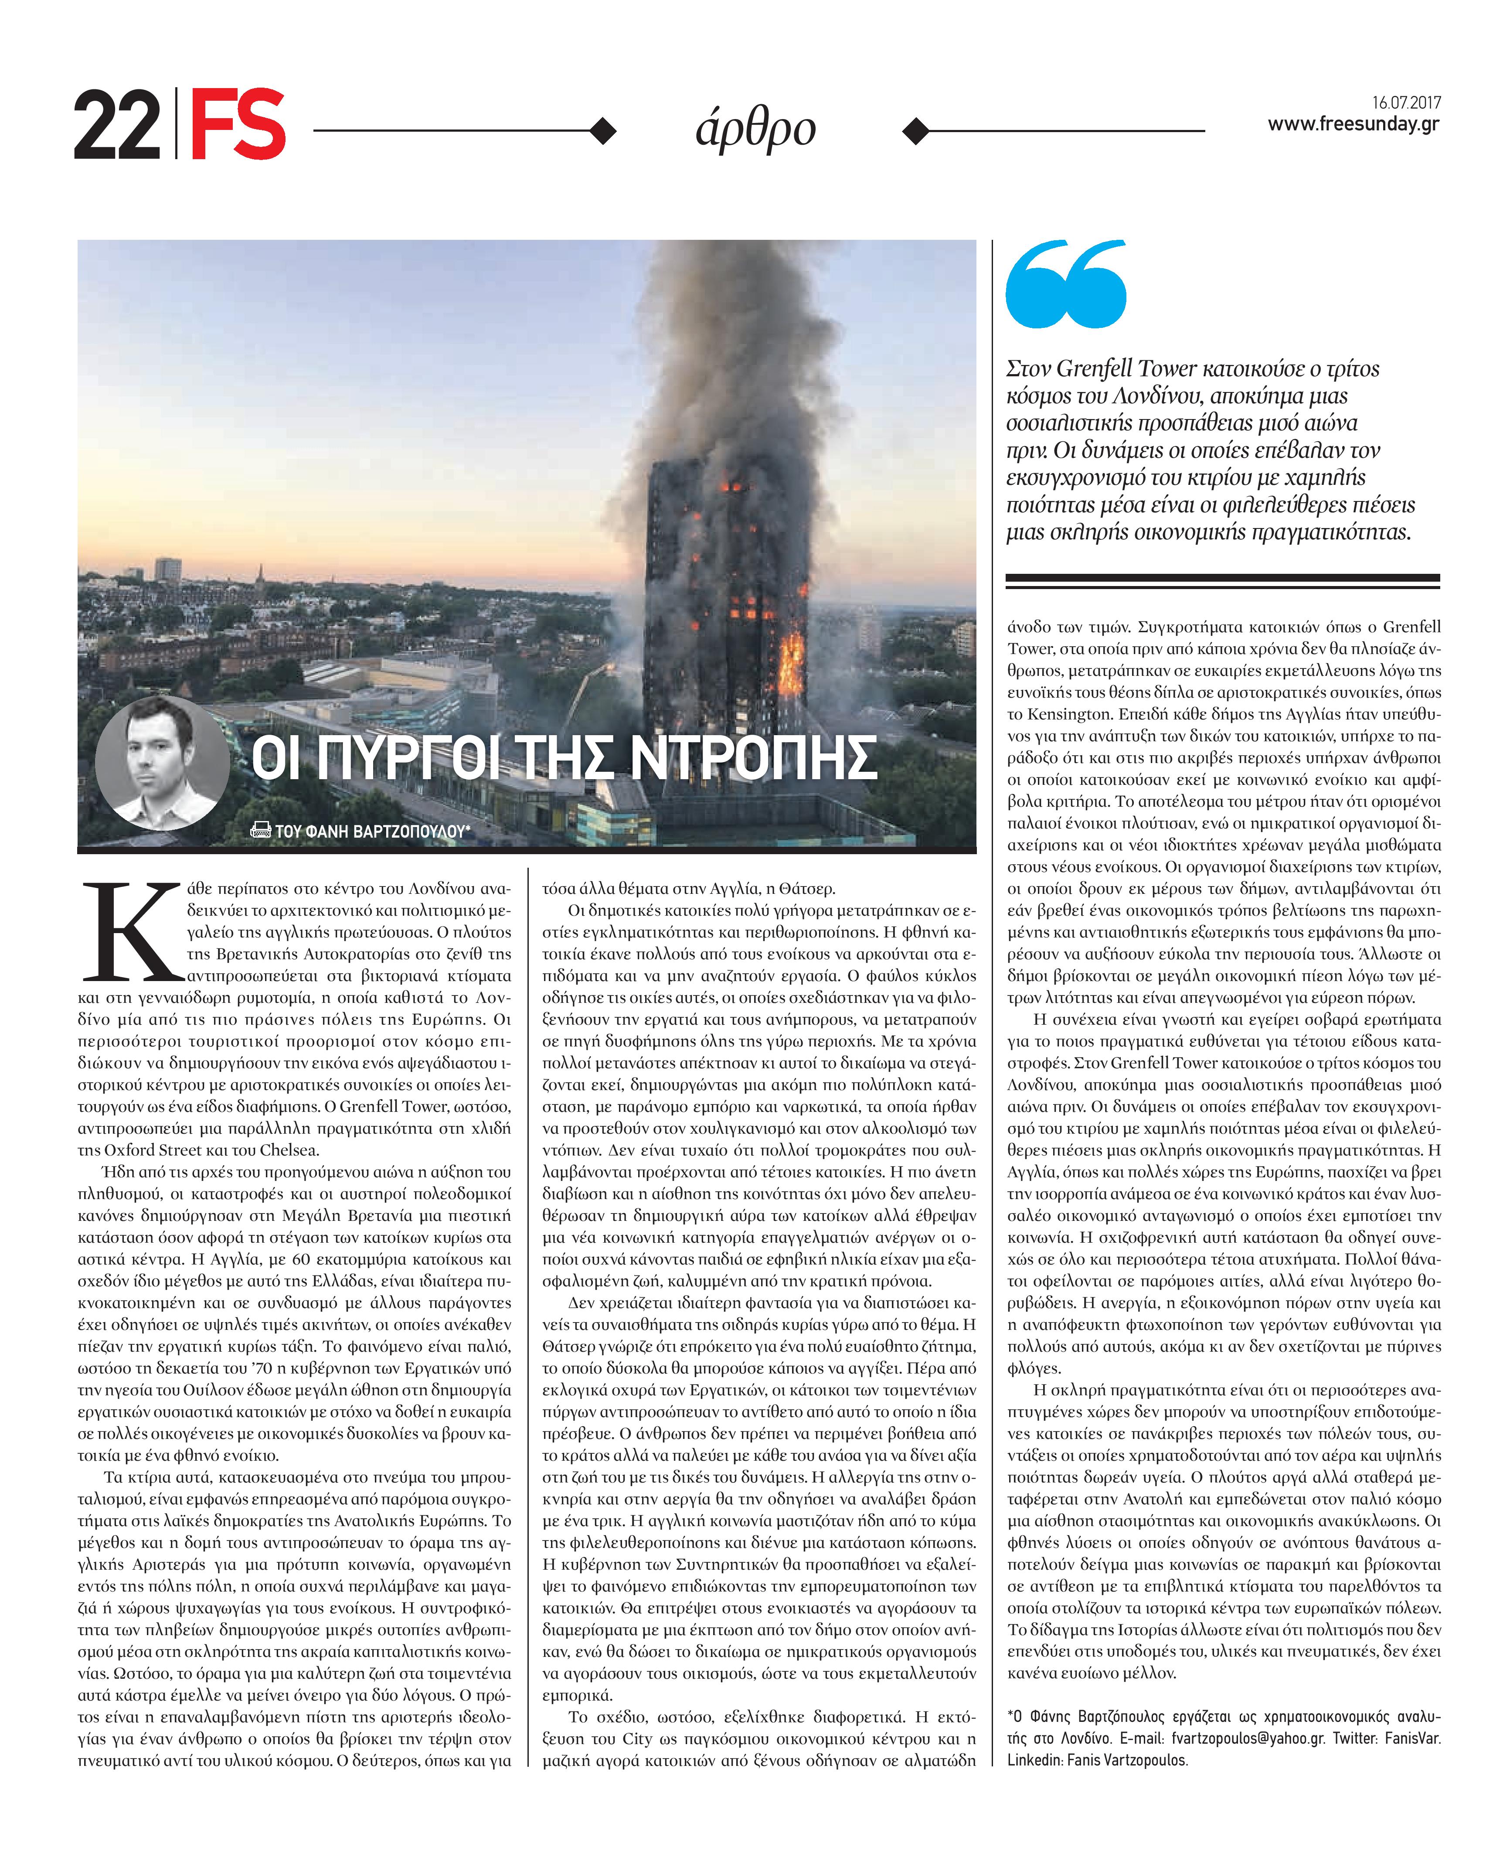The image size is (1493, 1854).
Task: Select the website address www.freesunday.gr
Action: [1353, 125]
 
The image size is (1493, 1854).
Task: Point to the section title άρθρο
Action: [755, 130]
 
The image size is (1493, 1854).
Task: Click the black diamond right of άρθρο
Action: [916, 131]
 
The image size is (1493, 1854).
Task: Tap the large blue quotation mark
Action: [1065, 284]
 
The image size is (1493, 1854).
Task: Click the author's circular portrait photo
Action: [163, 763]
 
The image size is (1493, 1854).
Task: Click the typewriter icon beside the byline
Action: [260, 830]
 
